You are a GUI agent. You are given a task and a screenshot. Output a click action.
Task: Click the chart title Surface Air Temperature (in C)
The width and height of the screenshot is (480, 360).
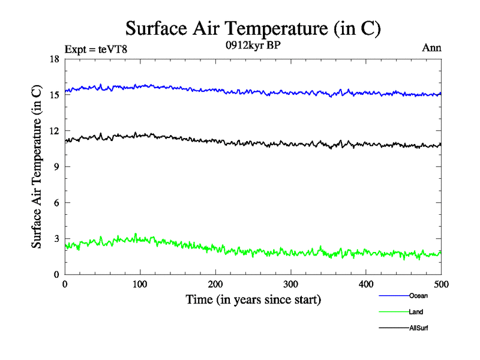(253, 28)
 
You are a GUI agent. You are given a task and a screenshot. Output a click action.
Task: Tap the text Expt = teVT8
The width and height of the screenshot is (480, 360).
(95, 49)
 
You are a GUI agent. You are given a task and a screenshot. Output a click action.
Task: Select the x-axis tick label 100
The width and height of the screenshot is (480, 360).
(140, 284)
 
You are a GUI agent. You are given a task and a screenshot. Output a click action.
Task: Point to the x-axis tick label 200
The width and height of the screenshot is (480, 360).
(215, 284)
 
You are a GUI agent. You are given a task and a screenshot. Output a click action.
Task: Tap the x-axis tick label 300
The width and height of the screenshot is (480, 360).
(290, 284)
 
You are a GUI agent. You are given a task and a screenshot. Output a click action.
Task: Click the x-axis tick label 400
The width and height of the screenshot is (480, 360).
(366, 284)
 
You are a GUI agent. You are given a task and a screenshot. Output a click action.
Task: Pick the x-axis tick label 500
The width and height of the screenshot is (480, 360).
(441, 284)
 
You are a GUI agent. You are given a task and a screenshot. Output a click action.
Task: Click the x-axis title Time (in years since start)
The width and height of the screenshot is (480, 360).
(253, 299)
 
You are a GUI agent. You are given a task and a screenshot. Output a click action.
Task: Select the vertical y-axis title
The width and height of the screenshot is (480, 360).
(37, 167)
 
